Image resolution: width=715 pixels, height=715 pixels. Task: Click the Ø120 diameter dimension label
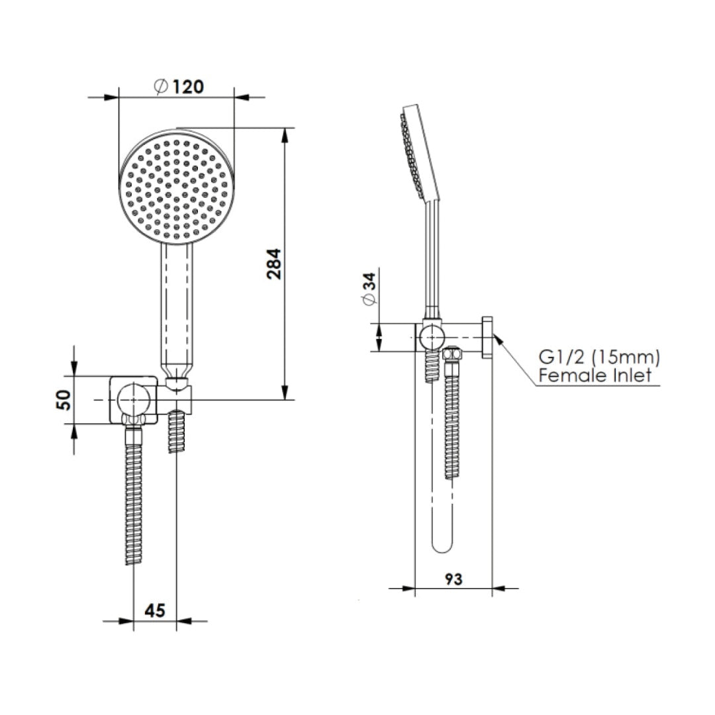[x=177, y=86]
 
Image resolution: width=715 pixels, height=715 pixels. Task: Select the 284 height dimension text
[x=274, y=263]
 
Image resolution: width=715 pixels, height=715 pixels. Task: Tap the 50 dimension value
[x=64, y=400]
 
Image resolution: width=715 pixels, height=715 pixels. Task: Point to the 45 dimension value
[x=154, y=610]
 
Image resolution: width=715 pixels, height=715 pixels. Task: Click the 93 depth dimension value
[x=453, y=579]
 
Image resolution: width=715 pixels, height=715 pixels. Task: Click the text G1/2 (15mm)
[x=598, y=358]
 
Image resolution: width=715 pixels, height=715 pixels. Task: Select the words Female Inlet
[x=595, y=376]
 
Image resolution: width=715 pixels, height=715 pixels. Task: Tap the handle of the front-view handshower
[x=176, y=305]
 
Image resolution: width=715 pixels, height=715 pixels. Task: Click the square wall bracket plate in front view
[x=134, y=400]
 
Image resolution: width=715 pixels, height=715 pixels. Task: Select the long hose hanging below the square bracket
[x=134, y=497]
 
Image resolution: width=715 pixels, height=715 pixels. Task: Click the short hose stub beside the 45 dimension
[x=176, y=432]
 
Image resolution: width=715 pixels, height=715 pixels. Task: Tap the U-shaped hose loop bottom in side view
[x=442, y=547]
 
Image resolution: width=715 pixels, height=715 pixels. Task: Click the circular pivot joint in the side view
[x=430, y=338]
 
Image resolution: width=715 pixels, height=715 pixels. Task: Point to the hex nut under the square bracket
[x=134, y=420]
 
